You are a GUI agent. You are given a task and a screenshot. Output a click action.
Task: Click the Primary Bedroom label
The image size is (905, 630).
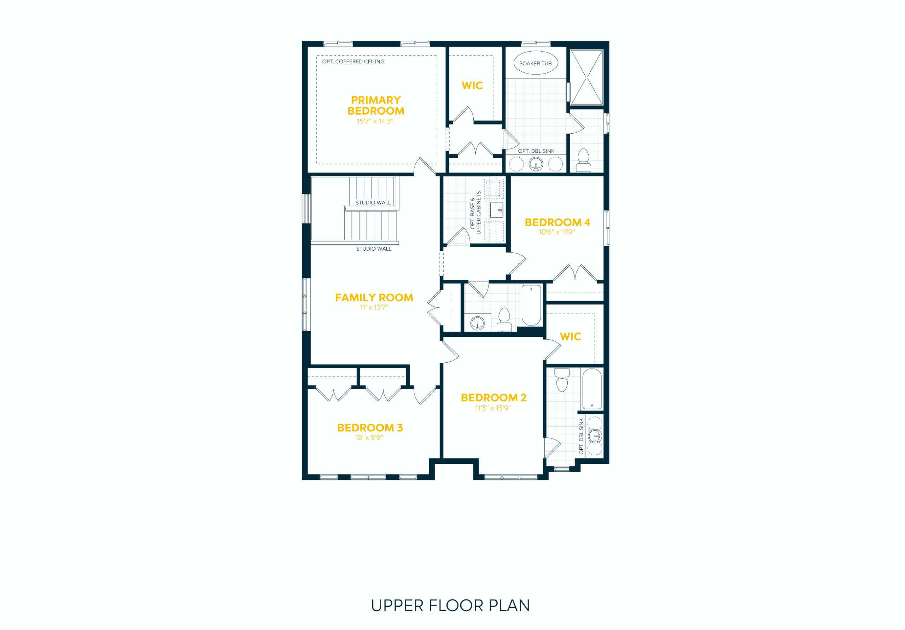376,105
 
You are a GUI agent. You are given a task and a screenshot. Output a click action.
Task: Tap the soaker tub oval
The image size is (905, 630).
535,63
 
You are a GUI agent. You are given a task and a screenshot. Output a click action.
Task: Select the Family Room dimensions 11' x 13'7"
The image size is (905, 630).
374,307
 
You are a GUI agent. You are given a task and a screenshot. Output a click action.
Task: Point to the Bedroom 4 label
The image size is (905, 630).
557,222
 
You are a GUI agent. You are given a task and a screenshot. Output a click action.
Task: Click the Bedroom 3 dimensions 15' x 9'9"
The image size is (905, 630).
369,437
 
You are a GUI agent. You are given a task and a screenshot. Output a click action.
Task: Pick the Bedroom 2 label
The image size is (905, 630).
494,397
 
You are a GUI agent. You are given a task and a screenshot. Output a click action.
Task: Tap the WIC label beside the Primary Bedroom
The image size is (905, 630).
472,86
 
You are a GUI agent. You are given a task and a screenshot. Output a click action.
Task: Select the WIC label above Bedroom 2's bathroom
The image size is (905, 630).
570,336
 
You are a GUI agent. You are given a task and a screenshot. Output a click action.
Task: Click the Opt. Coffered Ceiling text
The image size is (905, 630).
353,62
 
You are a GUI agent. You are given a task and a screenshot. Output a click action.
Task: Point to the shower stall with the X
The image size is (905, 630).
586,77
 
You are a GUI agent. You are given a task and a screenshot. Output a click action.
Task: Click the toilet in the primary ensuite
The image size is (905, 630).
583,161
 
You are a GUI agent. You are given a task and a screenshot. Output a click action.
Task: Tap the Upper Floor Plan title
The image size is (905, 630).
450,606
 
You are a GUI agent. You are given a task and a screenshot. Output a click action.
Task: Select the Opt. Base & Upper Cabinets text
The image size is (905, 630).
475,212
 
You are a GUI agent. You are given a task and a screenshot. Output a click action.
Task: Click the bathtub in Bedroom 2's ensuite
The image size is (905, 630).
592,389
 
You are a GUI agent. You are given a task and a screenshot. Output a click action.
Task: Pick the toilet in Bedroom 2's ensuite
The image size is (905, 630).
562,380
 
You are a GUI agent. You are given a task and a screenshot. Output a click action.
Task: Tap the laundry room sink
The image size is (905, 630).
496,210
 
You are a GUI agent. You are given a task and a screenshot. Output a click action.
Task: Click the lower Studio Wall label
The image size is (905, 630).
373,249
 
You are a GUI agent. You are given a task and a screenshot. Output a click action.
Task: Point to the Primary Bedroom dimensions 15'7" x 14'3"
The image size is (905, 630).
375,121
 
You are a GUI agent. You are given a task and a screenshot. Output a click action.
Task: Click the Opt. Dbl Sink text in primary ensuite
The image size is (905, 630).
536,151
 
